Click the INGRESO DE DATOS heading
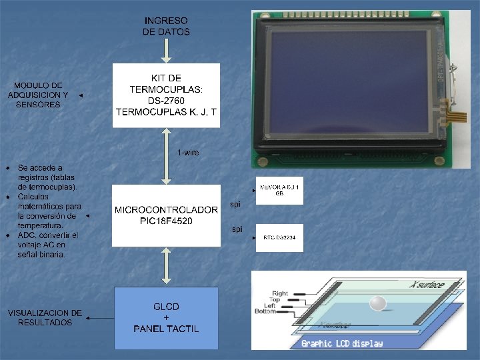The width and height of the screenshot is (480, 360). tap(166, 27)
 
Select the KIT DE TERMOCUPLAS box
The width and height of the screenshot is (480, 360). tap(166, 95)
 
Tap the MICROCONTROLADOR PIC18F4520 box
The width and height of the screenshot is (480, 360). tap(166, 215)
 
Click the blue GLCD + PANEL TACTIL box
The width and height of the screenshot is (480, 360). tap(166, 318)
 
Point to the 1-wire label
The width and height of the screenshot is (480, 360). tap(188, 153)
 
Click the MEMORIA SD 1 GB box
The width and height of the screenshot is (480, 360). tap(279, 191)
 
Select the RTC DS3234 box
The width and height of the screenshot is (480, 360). tap(279, 237)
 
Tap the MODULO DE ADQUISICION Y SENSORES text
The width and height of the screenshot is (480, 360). tap(38, 95)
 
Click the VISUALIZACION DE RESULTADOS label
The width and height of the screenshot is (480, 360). tap(45, 317)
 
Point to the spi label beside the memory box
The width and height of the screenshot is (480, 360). tap(235, 204)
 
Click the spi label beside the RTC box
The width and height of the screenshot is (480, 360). tap(237, 229)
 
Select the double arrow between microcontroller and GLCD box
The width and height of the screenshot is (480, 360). tap(166, 267)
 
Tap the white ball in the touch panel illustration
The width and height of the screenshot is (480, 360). tap(378, 303)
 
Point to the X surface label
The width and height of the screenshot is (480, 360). tap(427, 285)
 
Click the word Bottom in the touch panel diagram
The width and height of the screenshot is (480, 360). tap(265, 311)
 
